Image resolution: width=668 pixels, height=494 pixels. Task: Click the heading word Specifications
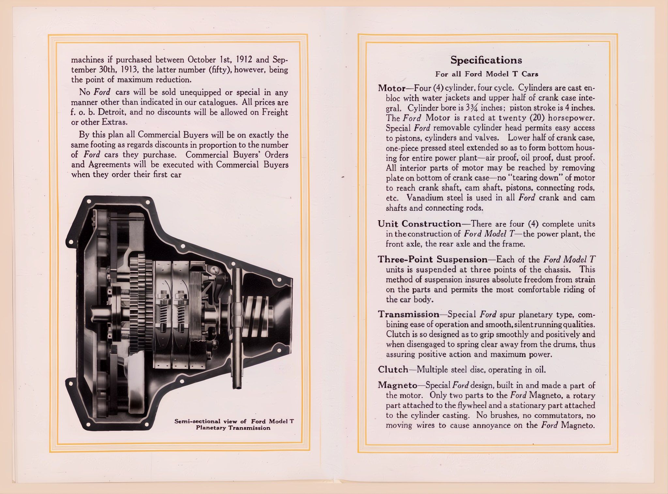pos(486,60)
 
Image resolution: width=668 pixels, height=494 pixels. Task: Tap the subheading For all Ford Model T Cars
pos(486,74)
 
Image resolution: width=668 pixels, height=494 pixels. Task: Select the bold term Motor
pos(391,88)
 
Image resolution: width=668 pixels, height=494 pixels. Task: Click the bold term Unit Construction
pos(419,224)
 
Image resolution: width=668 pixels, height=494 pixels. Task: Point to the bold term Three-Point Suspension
pos(432,260)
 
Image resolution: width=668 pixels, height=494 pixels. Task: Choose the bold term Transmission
pos(408,314)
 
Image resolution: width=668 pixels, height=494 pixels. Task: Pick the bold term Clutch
pos(393,369)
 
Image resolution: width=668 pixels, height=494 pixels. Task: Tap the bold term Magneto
pos(397,385)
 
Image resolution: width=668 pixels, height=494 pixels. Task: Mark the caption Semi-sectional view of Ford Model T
pos(234,421)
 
